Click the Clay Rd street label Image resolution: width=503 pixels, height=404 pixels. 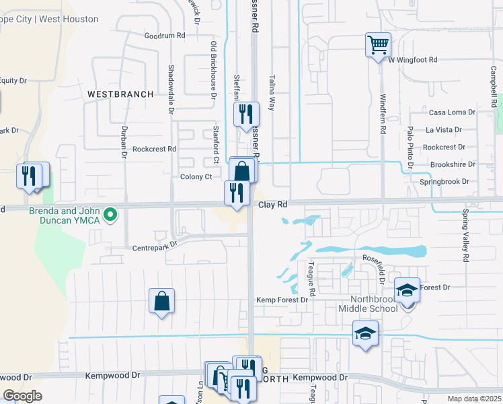(273, 204)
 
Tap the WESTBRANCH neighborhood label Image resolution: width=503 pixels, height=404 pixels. (120, 94)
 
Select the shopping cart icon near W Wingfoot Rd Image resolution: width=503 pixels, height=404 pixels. (378, 45)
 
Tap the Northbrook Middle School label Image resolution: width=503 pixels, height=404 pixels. (374, 304)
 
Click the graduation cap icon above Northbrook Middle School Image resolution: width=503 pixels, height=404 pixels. (407, 290)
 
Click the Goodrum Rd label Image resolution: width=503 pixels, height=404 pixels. (165, 35)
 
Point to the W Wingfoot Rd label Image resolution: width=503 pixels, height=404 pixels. (413, 60)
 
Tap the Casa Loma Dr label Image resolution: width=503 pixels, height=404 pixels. (452, 112)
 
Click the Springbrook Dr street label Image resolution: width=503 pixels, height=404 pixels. (444, 182)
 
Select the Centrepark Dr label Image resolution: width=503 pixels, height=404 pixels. (155, 245)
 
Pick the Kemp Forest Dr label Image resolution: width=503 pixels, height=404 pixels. (282, 300)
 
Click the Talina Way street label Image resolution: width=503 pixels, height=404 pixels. (272, 92)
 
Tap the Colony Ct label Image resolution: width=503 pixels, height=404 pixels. (196, 177)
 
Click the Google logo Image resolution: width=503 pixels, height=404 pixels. (23, 396)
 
